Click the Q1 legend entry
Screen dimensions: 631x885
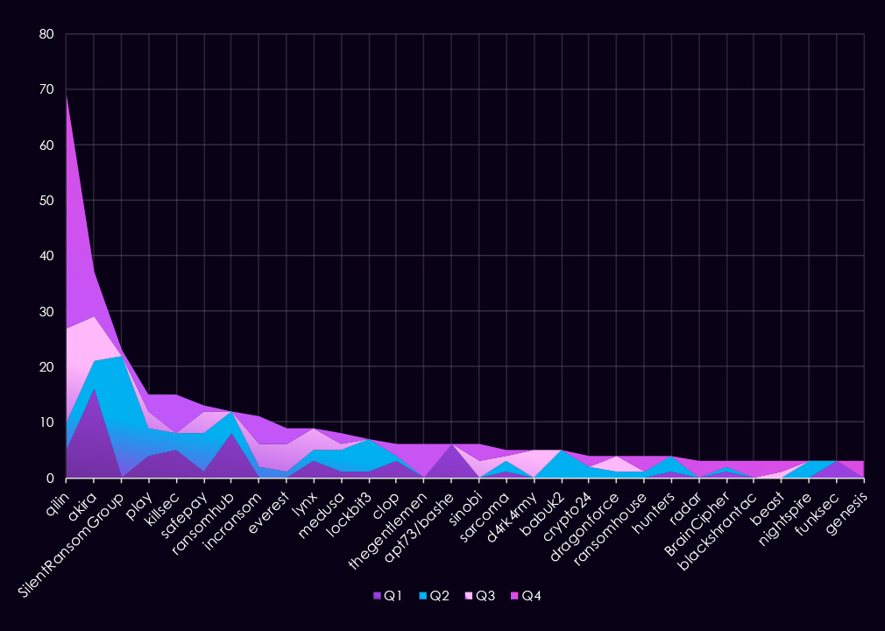388,596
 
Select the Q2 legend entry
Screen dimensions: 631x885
435,596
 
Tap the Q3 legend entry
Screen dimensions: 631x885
481,596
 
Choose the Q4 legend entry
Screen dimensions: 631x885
527,596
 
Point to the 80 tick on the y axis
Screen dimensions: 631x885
46,35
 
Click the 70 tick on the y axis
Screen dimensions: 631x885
46,90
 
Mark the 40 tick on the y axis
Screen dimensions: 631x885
46,257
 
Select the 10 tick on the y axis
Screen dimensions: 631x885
46,423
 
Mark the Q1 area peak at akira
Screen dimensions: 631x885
94,389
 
